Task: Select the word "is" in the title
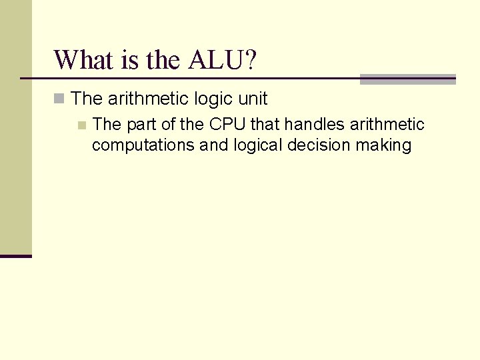[x=130, y=60]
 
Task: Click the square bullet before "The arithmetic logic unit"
[x=59, y=99]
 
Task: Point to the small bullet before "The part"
[x=81, y=125]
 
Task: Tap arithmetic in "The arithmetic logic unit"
[x=148, y=99]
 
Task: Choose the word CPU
[x=227, y=125]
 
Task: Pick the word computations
[x=143, y=145]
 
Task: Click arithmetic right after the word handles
[x=385, y=125]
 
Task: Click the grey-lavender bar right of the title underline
[x=407, y=79]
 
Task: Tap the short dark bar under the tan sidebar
[x=16, y=255]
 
